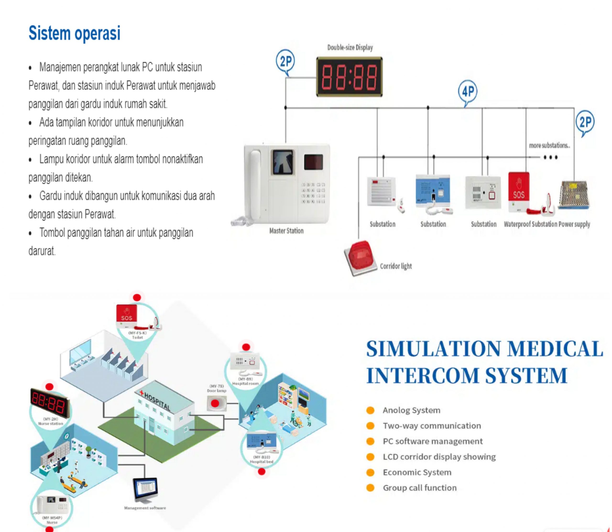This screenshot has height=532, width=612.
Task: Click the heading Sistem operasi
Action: click(x=75, y=33)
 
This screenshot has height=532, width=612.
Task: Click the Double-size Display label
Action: click(x=350, y=48)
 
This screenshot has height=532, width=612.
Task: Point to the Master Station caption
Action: click(x=286, y=231)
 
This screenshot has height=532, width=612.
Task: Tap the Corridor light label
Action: click(x=396, y=266)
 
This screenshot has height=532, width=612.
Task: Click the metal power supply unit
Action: click(x=574, y=195)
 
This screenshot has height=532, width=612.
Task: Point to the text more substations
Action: click(x=549, y=146)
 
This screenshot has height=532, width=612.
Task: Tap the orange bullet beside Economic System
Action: click(x=370, y=472)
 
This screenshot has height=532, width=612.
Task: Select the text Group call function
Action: click(x=420, y=488)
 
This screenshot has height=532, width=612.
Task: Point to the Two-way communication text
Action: click(x=432, y=426)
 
